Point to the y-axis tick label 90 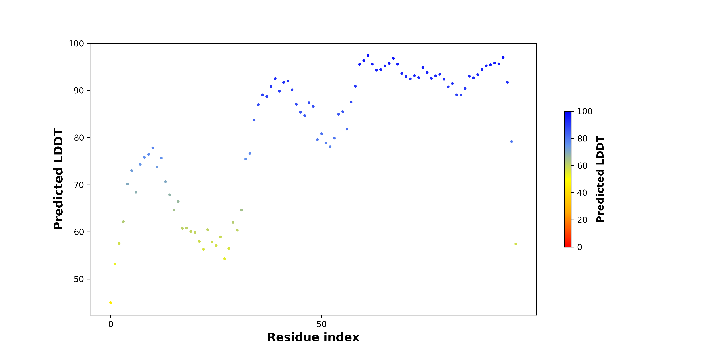coord(79,91)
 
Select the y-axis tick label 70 coord(79,185)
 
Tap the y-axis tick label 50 coord(79,279)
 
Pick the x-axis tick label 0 coord(111,324)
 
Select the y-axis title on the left coord(58,179)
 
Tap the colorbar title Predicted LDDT coord(600,179)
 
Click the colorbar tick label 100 coord(585,112)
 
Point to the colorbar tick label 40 coord(582,193)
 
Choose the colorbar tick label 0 coord(580,247)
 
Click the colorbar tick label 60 coord(582,166)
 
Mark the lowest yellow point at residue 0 coord(111,303)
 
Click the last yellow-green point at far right coord(516,244)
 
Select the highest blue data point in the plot coord(368,56)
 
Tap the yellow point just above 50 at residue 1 coord(115,264)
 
